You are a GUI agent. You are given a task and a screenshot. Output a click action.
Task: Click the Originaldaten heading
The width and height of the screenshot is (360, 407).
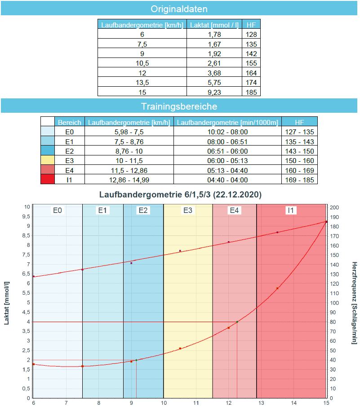click(x=179, y=9)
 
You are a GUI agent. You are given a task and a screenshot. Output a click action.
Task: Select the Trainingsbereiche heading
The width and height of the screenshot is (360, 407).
click(x=179, y=106)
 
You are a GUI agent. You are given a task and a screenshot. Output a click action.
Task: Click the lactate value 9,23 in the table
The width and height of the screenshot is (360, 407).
click(x=214, y=92)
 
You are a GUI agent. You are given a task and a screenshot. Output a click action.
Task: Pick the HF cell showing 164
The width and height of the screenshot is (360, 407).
click(x=251, y=73)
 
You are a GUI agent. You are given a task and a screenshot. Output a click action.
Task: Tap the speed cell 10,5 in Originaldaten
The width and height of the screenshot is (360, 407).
click(x=142, y=63)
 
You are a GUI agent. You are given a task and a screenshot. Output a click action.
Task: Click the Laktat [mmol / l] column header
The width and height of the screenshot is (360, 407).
click(x=214, y=25)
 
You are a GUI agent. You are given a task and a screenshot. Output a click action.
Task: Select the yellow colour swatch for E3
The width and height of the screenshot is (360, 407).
click(x=48, y=160)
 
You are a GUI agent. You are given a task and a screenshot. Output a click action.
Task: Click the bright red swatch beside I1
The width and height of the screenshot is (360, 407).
click(x=48, y=180)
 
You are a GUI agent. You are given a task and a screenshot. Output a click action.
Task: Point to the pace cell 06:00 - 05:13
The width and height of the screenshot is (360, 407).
click(x=227, y=160)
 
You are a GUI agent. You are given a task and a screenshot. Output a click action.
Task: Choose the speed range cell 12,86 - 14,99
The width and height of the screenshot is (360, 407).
click(x=129, y=180)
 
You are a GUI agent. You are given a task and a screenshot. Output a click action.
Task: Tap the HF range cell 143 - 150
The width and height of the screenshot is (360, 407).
click(x=299, y=150)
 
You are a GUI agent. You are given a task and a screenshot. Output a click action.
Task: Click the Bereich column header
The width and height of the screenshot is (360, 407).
click(x=70, y=122)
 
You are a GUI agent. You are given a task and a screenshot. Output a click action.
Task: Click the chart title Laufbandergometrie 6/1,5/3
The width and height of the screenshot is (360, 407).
click(x=180, y=195)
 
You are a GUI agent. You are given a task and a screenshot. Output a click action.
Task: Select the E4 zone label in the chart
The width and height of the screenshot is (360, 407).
click(x=234, y=210)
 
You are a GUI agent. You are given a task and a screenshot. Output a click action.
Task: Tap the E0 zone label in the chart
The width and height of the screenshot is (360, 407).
click(x=57, y=210)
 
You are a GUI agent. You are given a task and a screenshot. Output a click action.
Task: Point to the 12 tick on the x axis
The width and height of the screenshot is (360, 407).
click(x=228, y=403)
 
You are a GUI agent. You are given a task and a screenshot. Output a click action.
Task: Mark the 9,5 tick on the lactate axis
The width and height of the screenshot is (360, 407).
click(x=27, y=216)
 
